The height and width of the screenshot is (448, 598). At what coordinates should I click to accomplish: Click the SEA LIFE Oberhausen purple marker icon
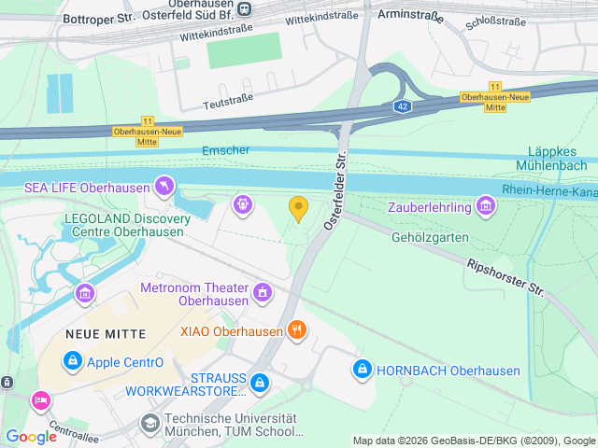[x=164, y=188]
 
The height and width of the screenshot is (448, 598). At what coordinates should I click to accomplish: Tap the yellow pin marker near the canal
[x=298, y=209]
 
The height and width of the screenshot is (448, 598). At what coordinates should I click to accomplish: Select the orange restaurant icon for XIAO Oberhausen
[x=296, y=329]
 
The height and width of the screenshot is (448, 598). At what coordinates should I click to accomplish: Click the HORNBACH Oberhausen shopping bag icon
[x=362, y=370]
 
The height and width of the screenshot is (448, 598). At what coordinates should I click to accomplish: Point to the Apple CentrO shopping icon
[x=72, y=360]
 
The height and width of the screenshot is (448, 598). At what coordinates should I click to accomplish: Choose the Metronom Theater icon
[x=264, y=294]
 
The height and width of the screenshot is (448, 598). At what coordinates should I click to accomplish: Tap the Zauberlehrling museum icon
[x=485, y=205]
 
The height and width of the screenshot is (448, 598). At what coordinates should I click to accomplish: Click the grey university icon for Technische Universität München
[x=149, y=425]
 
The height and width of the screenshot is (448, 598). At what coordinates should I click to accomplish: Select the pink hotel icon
[x=41, y=400]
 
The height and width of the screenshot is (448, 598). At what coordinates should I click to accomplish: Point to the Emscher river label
[x=225, y=151]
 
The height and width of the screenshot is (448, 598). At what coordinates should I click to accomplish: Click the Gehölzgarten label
[x=430, y=237]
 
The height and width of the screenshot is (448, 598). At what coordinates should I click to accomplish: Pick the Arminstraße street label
[x=409, y=15]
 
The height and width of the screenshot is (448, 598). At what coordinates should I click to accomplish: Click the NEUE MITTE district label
[x=103, y=333]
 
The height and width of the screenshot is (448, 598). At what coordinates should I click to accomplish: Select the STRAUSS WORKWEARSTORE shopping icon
[x=260, y=382]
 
